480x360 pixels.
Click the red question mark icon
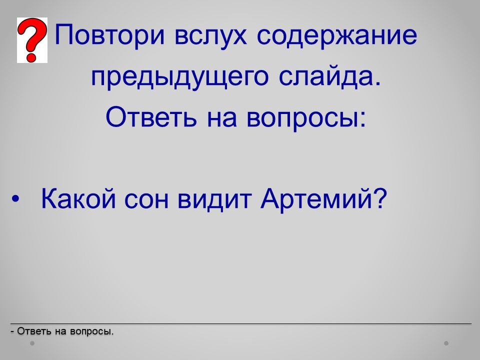pos(32,40)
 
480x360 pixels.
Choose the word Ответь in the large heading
pos(151,117)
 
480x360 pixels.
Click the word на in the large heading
pos(222,119)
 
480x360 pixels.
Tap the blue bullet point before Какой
pos(15,199)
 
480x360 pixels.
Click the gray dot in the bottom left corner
pos(32,343)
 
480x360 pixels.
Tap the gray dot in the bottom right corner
pos(446,343)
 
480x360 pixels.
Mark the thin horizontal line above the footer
pos(241,323)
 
